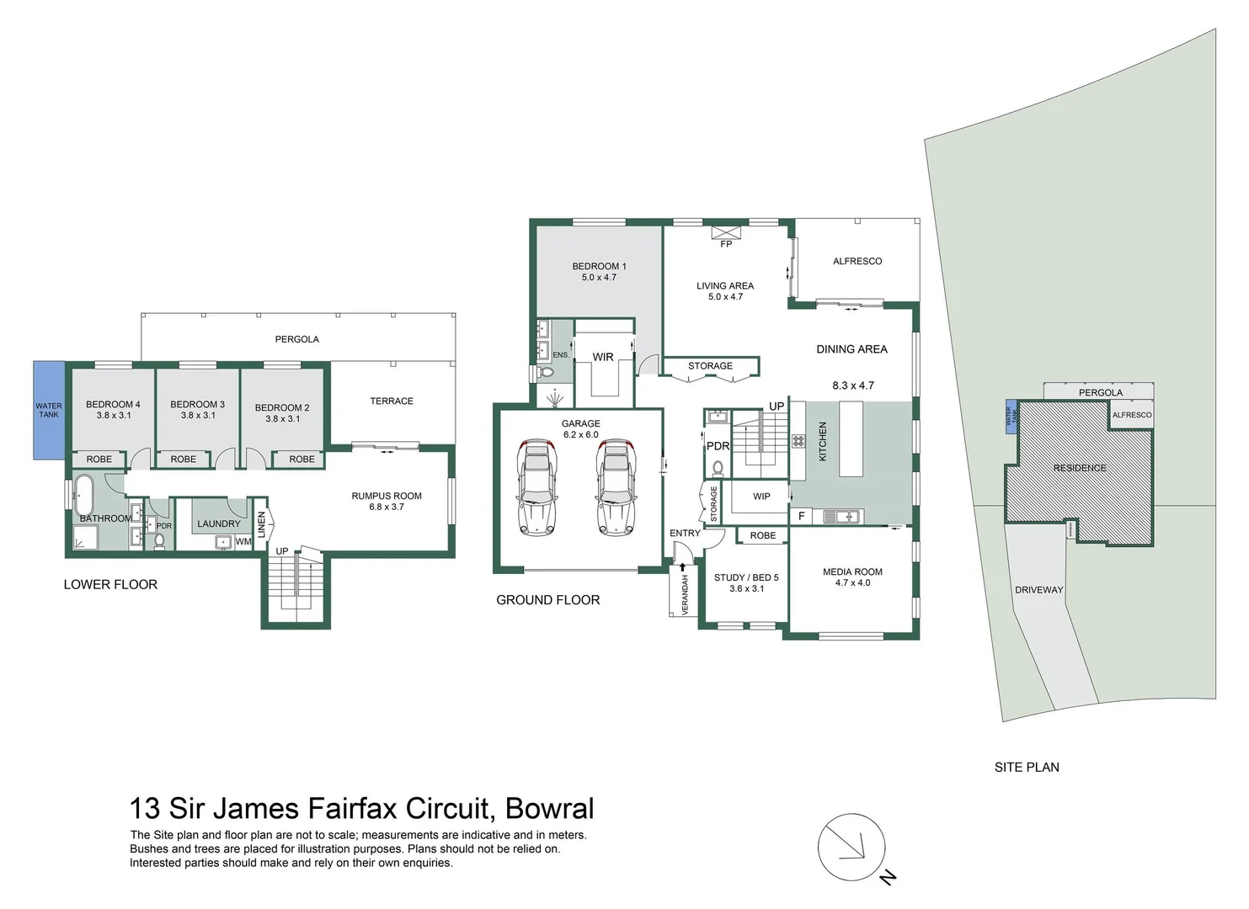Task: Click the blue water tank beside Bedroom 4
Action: (x=48, y=411)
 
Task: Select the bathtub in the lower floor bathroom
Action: (x=83, y=496)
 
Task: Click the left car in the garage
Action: (x=536, y=486)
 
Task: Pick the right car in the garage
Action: (x=616, y=486)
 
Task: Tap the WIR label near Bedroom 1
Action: (x=603, y=357)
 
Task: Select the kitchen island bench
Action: (x=851, y=439)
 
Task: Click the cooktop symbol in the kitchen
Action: (x=798, y=440)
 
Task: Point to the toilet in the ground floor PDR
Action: (x=718, y=468)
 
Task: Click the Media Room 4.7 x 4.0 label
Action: (x=852, y=577)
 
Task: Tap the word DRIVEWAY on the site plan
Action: (x=1038, y=590)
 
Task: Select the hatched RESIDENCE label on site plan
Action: (x=1080, y=468)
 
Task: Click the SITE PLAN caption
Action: (x=1027, y=767)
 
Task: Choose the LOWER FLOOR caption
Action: (x=110, y=584)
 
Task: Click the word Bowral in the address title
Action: (x=549, y=808)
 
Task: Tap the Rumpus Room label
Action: (x=387, y=502)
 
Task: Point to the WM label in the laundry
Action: (x=243, y=542)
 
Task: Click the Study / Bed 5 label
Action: (x=746, y=583)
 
